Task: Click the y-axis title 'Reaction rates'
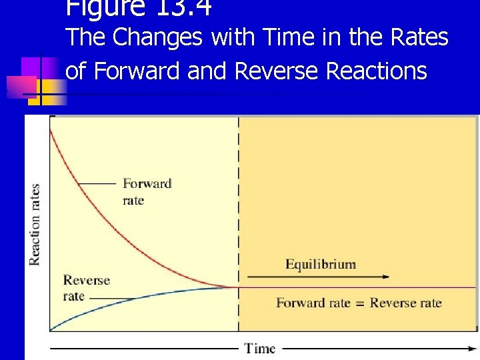[x=35, y=224]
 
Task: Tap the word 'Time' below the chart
[x=259, y=348]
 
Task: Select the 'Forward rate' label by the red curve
[x=147, y=191]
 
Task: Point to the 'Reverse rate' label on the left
[x=86, y=287]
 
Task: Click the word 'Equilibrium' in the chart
[x=321, y=265]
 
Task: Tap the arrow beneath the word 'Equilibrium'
[x=318, y=276]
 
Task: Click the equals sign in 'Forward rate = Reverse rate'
[x=360, y=303]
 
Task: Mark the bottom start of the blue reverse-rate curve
[x=52, y=327]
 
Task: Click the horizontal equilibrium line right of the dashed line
[x=360, y=287]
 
